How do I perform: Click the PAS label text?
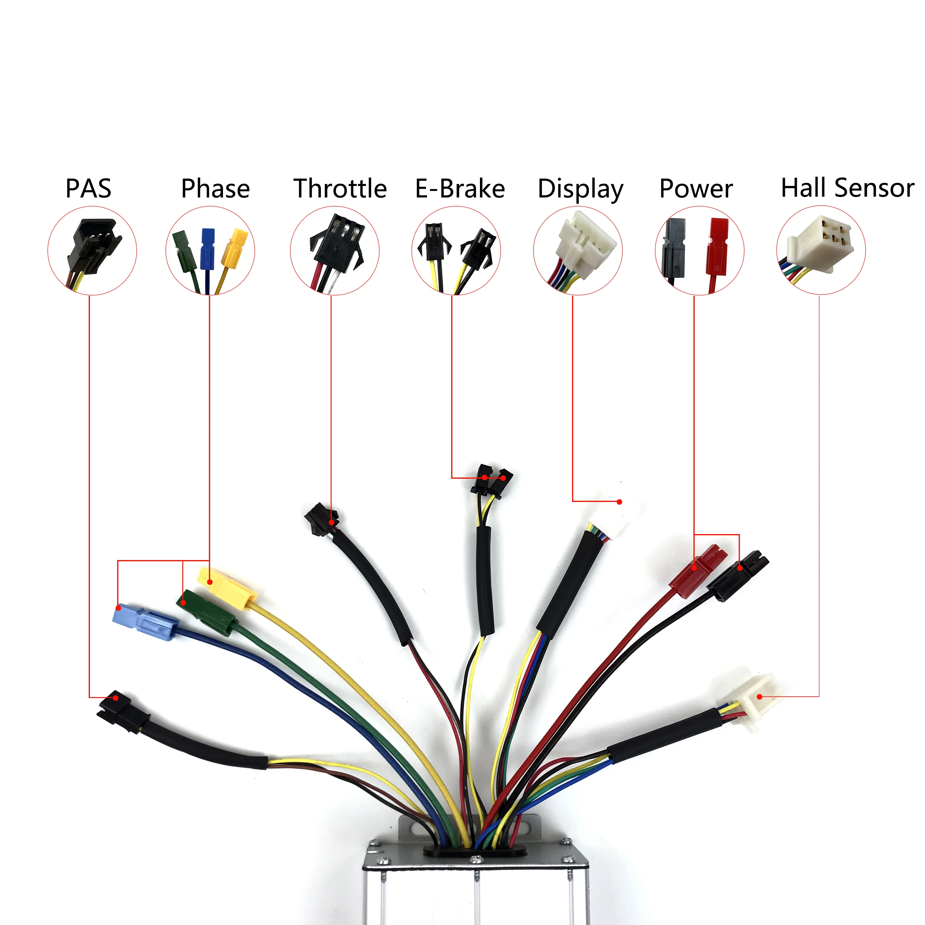(x=89, y=188)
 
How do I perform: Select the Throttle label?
(x=340, y=188)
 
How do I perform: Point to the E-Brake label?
(x=460, y=188)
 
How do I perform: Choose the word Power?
(x=696, y=188)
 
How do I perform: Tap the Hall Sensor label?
(x=847, y=188)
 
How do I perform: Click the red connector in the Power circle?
(x=718, y=247)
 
